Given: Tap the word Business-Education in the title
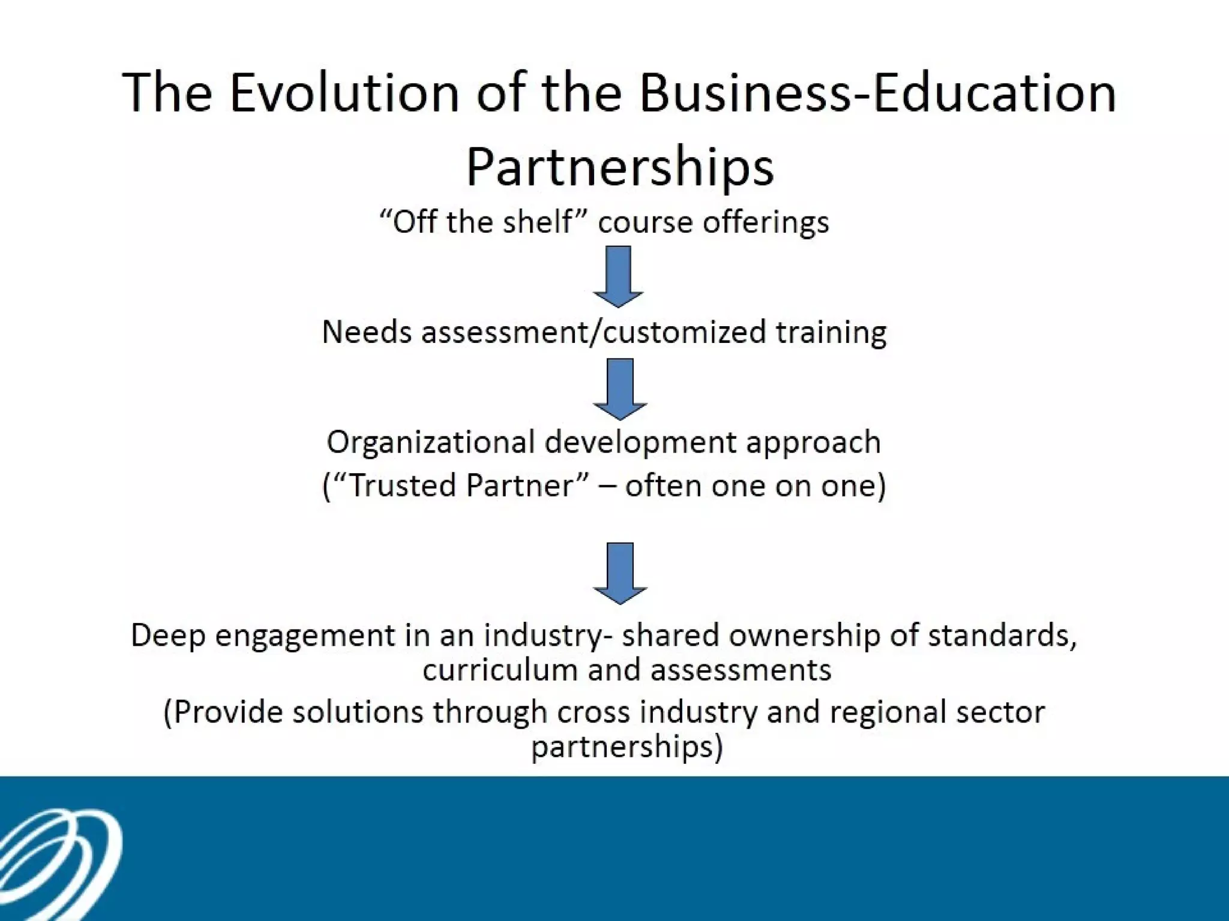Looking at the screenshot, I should [877, 93].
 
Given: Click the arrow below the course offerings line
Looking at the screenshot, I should [618, 276].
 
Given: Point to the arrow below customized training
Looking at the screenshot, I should [620, 389].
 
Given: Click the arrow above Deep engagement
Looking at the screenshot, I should [620, 573].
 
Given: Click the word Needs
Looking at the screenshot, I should [367, 332].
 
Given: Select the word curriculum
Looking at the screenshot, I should [499, 670].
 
